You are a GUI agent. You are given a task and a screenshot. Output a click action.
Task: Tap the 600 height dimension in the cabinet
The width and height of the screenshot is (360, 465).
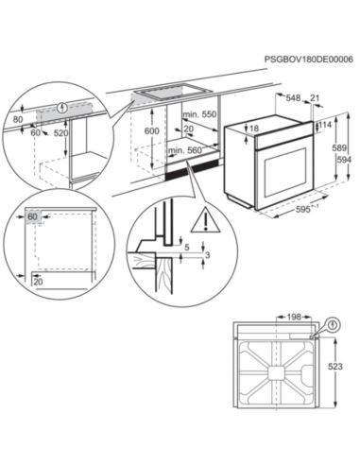151,132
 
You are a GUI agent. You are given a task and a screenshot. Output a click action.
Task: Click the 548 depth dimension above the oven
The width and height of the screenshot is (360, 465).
293,97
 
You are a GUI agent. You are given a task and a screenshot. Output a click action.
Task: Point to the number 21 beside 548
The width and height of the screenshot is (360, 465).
316,97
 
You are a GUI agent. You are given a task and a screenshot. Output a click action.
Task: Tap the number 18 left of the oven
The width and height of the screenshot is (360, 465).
252,129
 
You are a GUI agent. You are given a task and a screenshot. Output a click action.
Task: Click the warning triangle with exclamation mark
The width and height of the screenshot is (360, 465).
201,223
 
